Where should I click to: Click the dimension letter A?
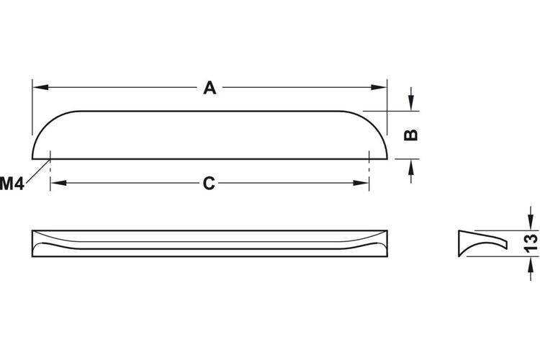[210, 88]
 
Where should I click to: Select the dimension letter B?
[410, 135]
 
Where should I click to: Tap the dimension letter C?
[209, 184]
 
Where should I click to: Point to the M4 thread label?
[12, 184]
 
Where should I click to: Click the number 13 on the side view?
[531, 243]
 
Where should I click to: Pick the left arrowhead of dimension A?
[40, 87]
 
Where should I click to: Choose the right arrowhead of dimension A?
[379, 87]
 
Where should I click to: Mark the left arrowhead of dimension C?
[58, 183]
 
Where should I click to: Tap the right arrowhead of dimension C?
[361, 183]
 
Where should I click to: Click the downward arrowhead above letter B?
[410, 103]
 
